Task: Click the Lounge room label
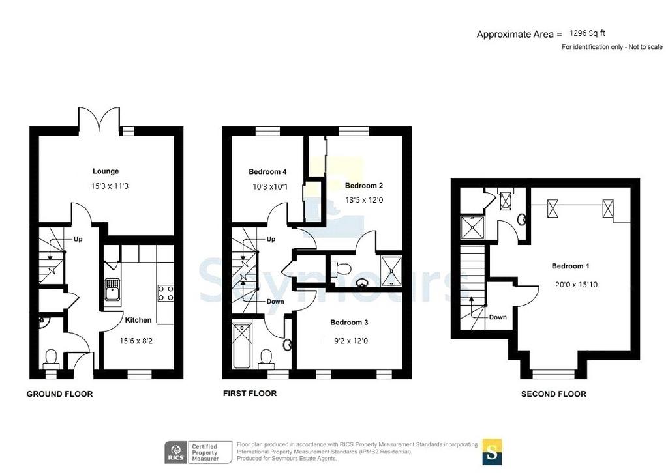coord(106,171)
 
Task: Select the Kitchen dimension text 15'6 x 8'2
coord(136,341)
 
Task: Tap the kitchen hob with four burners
coord(166,293)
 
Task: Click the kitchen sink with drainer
coord(112,289)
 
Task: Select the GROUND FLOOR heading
coord(59,394)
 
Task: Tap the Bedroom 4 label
coord(267,172)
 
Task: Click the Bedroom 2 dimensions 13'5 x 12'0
coord(364,199)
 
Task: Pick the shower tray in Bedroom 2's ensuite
coord(391,270)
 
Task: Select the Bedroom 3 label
coord(349,322)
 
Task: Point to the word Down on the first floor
coord(275,302)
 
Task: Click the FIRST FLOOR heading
coord(250,394)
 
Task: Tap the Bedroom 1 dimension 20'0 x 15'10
coord(577,285)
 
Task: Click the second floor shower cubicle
coord(472,229)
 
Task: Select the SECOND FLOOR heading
coord(553,394)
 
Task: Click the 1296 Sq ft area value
coord(587,33)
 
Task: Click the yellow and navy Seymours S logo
coord(492,451)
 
